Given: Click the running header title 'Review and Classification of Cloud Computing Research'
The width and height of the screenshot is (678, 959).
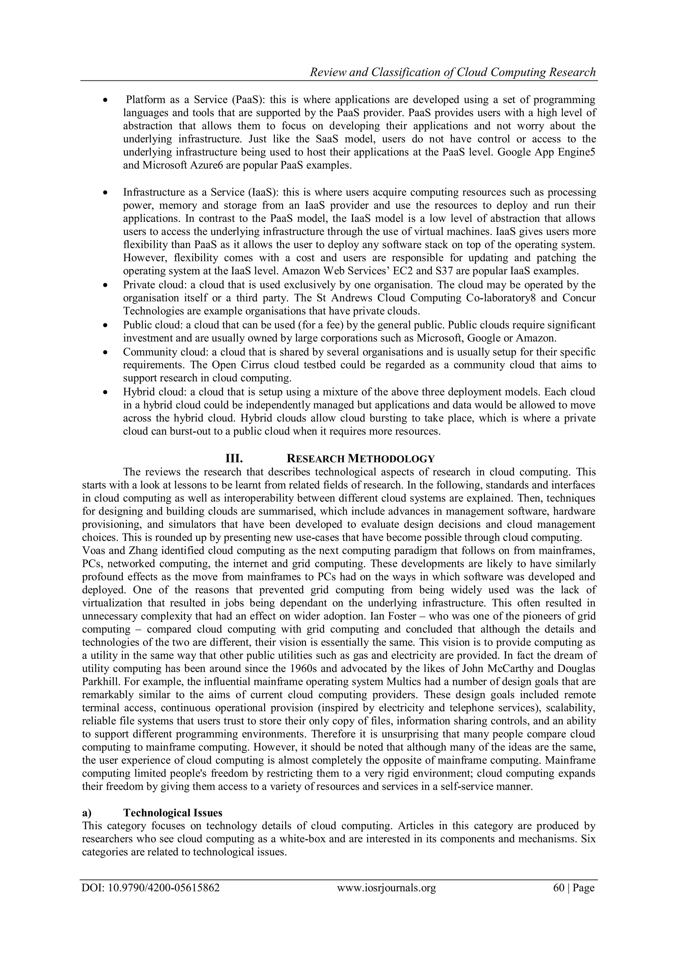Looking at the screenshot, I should pyautogui.click(x=452, y=72).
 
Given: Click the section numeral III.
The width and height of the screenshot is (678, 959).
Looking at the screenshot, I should pyautogui.click(x=234, y=459).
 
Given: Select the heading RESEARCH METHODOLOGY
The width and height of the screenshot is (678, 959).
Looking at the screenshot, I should pyautogui.click(x=361, y=459).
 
